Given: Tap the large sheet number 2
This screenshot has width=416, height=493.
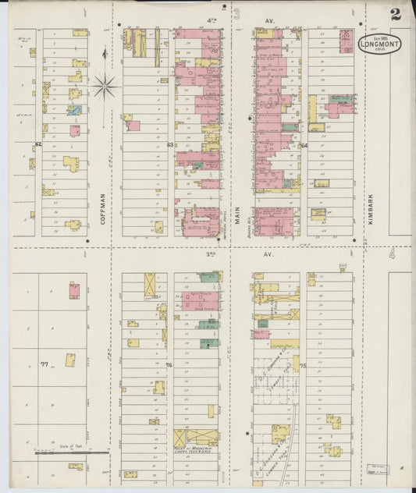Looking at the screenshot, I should [x=396, y=13].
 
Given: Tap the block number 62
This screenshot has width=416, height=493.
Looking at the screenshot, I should [x=37, y=144].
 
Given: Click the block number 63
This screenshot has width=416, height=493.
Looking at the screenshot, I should [x=169, y=144].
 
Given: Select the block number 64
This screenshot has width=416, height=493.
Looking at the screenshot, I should [x=304, y=145].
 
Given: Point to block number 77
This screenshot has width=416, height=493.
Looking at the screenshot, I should [x=44, y=364].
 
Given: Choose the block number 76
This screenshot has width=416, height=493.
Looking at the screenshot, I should [x=169, y=364].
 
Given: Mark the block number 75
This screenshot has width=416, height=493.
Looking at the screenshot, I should [x=303, y=365].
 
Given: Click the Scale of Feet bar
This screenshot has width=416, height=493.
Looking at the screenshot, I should [x=72, y=451].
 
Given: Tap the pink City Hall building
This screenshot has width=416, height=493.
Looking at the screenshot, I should [x=346, y=41].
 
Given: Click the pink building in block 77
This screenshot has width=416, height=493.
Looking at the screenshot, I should [x=73, y=291].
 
